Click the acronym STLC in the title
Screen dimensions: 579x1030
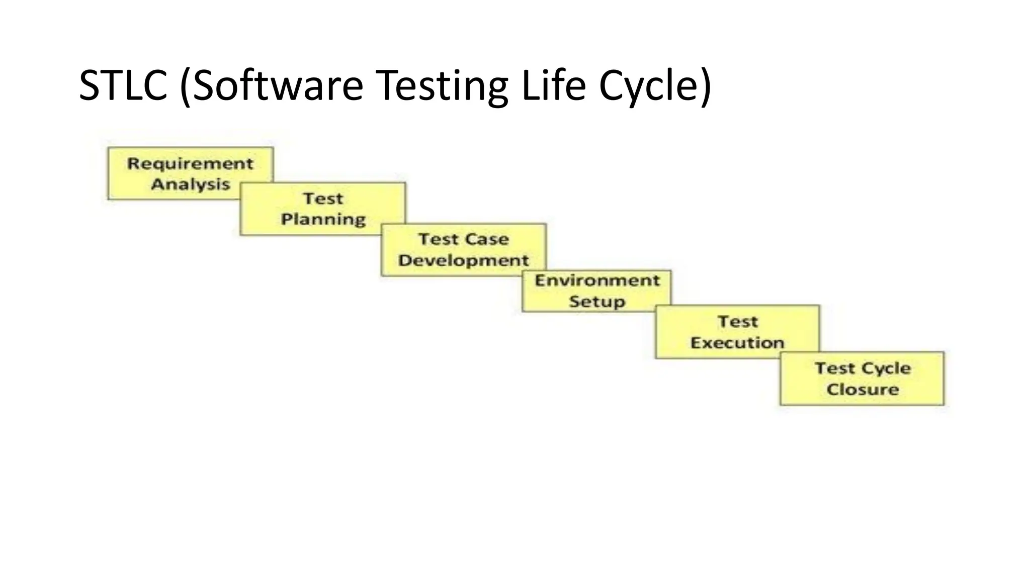pyautogui.click(x=123, y=85)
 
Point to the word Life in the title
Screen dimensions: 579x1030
pyautogui.click(x=554, y=85)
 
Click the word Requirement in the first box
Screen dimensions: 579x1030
pyautogui.click(x=190, y=163)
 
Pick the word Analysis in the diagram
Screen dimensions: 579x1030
pyautogui.click(x=190, y=184)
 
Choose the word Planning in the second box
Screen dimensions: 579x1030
pyautogui.click(x=323, y=220)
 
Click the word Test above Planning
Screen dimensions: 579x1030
pyautogui.click(x=323, y=199)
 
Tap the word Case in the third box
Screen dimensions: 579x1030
pyautogui.click(x=486, y=239)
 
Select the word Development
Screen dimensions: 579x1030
pyautogui.click(x=463, y=260)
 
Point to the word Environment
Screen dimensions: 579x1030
pyautogui.click(x=597, y=280)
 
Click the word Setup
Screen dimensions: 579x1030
pyautogui.click(x=597, y=302)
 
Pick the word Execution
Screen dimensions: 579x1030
pyautogui.click(x=737, y=343)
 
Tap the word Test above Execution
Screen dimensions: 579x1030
pyautogui.click(x=737, y=322)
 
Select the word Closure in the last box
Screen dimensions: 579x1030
pyautogui.click(x=863, y=390)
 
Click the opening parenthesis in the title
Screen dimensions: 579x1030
pyautogui.click(x=185, y=86)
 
